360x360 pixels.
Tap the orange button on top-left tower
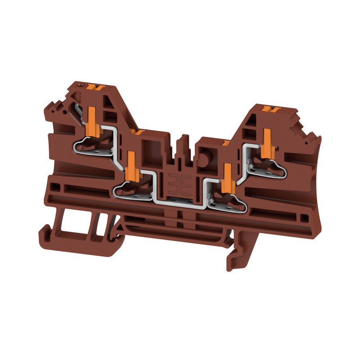click(x=95, y=86)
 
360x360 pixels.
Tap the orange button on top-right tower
click(x=270, y=108)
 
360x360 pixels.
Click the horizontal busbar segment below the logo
click(x=180, y=204)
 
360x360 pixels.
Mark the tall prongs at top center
click(x=182, y=144)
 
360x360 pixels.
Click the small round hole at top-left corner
click(x=81, y=84)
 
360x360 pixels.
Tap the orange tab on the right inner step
click(x=225, y=143)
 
